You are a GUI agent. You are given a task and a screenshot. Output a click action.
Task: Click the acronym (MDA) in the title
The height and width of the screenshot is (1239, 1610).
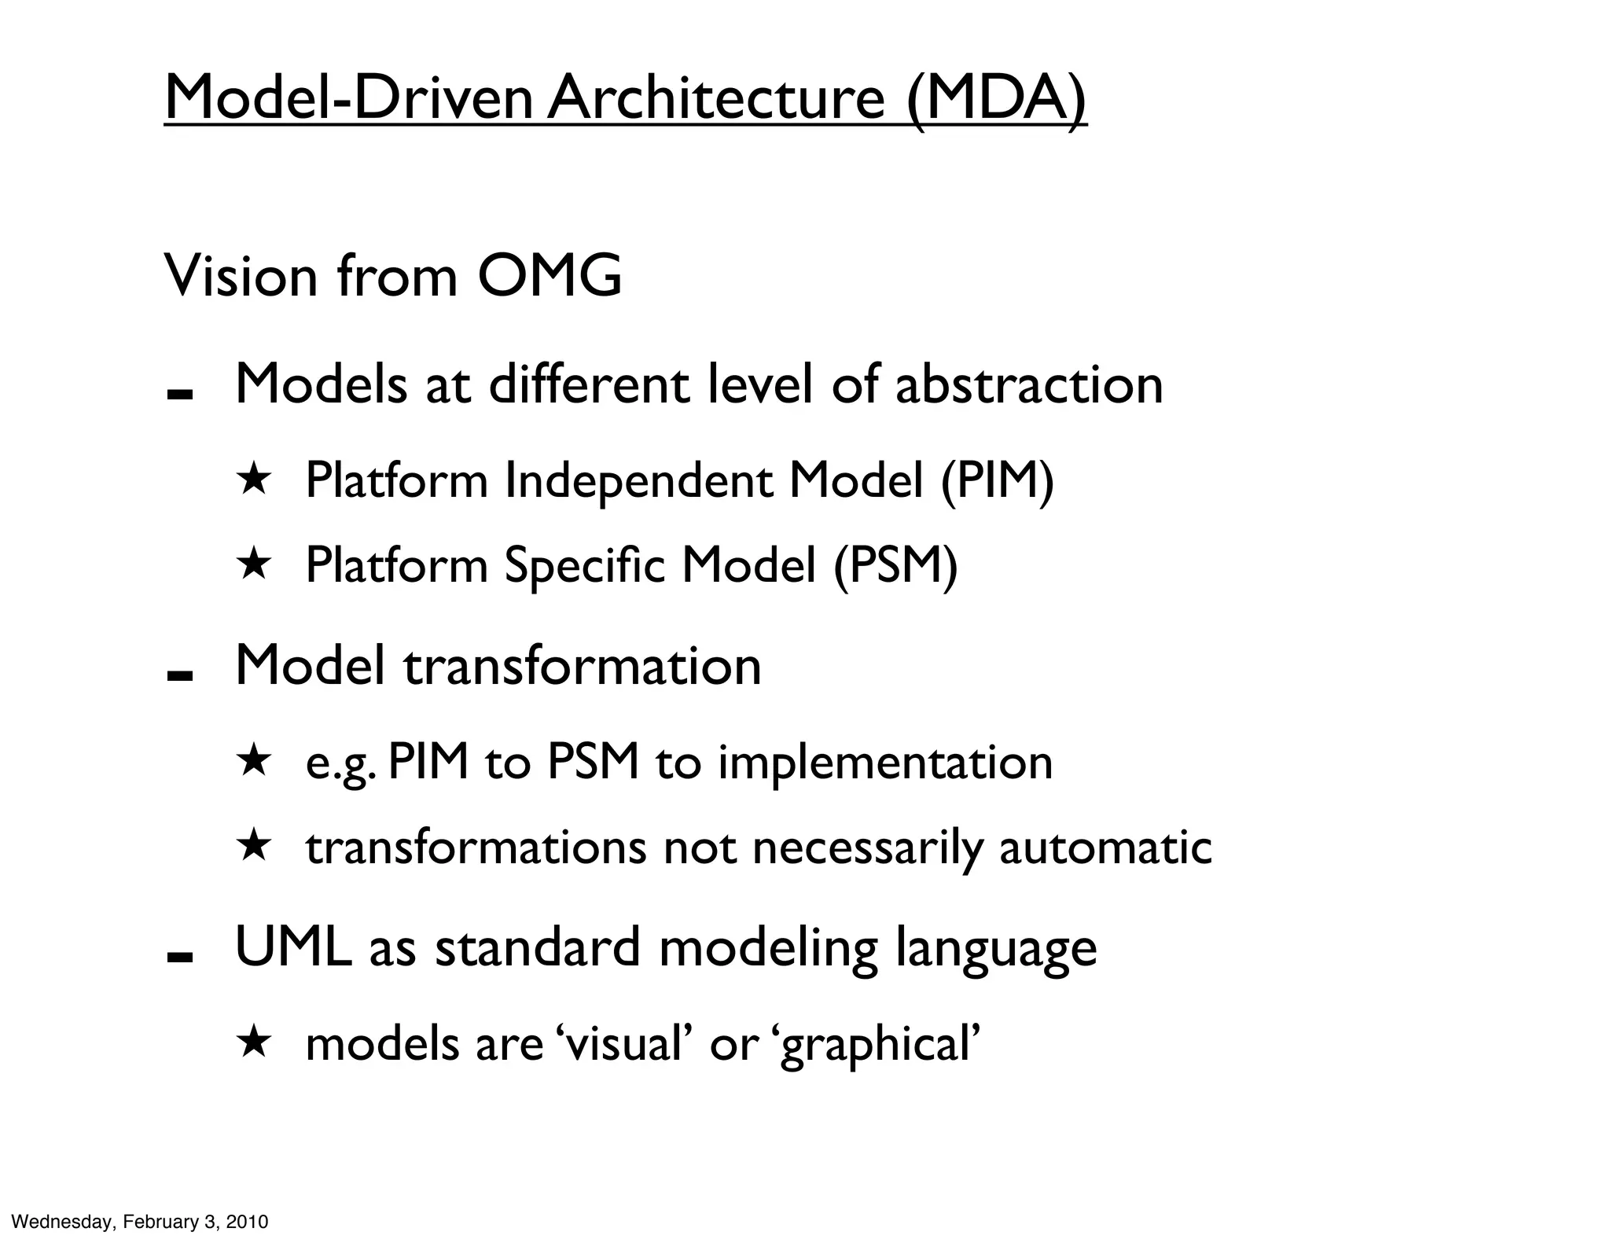pyautogui.click(x=996, y=98)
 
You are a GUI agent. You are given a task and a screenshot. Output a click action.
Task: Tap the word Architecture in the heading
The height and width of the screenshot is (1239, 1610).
pyautogui.click(x=716, y=98)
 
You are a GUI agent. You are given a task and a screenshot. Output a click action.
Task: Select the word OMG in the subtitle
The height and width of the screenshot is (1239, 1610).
pyautogui.click(x=550, y=276)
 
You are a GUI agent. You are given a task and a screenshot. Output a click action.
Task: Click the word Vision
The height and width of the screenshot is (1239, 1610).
pyautogui.click(x=241, y=276)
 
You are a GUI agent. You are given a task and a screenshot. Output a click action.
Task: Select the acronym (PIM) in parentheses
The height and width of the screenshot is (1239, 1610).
pyautogui.click(x=997, y=480)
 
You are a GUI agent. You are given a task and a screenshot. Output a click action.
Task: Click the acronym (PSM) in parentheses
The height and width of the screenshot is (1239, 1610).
pyautogui.click(x=895, y=565)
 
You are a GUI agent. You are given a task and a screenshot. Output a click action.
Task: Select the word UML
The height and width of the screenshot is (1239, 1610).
pyautogui.click(x=292, y=947)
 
